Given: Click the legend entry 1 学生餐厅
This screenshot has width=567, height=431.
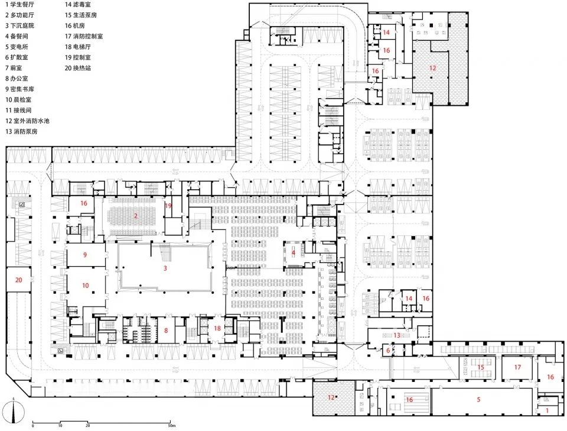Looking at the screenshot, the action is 19,5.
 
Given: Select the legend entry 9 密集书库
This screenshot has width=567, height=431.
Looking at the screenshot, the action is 19,89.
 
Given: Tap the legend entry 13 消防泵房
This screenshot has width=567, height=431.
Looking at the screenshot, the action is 21,131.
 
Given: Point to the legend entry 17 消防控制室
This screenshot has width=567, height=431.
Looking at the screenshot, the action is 83,36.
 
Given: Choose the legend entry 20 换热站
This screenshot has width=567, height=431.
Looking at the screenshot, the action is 78,68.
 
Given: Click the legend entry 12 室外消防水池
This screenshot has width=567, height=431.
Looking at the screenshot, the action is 27,121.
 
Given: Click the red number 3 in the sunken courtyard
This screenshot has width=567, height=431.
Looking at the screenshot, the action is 165,268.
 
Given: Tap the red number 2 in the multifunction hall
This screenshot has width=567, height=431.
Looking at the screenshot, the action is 136,216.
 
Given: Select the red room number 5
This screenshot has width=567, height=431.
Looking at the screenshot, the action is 478,400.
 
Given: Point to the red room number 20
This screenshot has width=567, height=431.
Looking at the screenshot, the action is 19,280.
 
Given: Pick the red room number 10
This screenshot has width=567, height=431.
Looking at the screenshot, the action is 85,286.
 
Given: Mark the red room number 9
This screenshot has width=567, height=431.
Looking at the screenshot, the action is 85,255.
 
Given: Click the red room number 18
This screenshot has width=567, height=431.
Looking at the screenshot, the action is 217,328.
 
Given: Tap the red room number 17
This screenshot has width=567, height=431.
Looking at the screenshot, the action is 517,367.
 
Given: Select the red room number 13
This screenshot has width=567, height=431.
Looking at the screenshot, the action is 397,335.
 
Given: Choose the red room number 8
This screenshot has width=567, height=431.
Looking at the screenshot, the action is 166,330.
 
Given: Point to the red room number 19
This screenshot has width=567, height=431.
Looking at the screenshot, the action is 168,206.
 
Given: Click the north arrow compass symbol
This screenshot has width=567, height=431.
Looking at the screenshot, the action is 14,411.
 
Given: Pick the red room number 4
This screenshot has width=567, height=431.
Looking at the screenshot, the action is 294,253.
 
